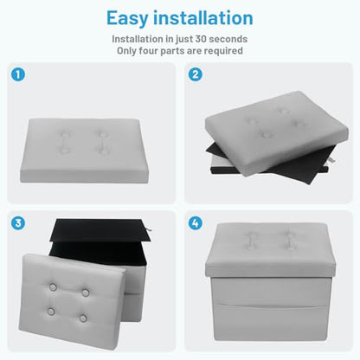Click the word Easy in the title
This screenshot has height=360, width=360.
(x=127, y=19)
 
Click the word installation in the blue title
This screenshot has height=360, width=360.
(x=203, y=17)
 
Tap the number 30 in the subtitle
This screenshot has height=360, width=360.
(x=201, y=39)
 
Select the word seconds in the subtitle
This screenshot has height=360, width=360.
(x=228, y=39)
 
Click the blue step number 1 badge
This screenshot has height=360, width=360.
(x=18, y=74)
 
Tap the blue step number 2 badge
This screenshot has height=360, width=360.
(x=196, y=74)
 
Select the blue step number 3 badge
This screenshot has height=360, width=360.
(x=18, y=223)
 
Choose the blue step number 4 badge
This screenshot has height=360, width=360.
(x=196, y=223)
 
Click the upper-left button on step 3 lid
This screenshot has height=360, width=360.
(x=53, y=287)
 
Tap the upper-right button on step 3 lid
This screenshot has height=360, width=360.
(x=86, y=292)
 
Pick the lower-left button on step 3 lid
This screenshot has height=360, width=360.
(x=51, y=312)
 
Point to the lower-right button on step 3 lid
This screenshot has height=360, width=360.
(x=83, y=318)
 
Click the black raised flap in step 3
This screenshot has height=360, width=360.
(x=100, y=231)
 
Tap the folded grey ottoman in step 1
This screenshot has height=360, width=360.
(x=84, y=151)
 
